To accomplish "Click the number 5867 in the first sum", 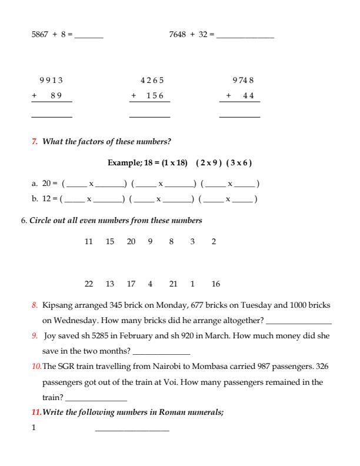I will [x=41, y=35].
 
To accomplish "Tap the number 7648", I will [x=178, y=35].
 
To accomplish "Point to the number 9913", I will [x=51, y=81].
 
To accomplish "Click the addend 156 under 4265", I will [x=155, y=96].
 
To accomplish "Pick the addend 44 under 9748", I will [x=248, y=96].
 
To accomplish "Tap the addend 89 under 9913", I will [x=56, y=96].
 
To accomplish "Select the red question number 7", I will [x=34, y=142].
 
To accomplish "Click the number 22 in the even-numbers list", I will [x=89, y=284].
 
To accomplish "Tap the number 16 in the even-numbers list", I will [x=215, y=284].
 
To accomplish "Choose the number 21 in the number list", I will [x=173, y=284].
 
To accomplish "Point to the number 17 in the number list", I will [x=131, y=284].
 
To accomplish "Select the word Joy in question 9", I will [x=51, y=337].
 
